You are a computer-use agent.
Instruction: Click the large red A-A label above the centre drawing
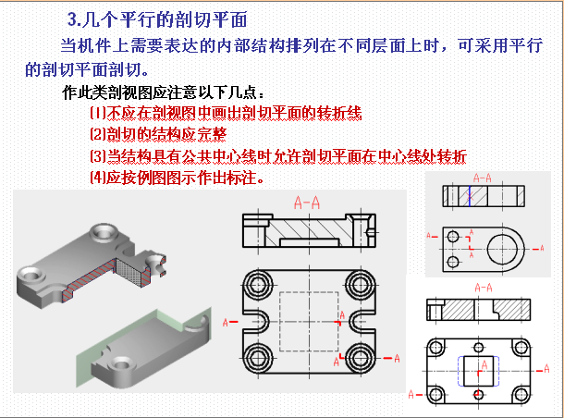[x=307, y=201]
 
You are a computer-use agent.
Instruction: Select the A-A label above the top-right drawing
[x=481, y=176]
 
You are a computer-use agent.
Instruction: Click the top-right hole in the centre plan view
[x=362, y=283]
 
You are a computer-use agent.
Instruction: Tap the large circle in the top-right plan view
[x=505, y=247]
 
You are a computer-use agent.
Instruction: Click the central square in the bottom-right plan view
[x=480, y=366]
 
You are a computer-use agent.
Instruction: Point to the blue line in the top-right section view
[x=469, y=196]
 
